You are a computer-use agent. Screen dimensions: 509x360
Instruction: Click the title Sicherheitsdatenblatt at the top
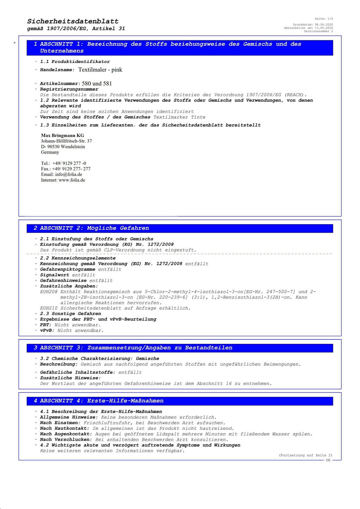(73, 21)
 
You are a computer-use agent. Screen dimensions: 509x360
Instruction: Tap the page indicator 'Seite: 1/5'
(324, 19)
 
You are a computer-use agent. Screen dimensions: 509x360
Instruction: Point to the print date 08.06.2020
(324, 24)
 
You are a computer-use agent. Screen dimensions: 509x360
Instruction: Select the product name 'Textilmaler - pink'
(100, 70)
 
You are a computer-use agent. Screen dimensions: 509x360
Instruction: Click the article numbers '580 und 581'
(97, 84)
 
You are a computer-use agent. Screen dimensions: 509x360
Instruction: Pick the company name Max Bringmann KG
(62, 136)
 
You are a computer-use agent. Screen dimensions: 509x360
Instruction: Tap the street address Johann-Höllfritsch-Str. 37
(66, 141)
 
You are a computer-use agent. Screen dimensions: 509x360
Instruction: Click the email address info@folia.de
(68, 174)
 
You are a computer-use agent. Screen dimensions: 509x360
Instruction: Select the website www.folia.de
(72, 180)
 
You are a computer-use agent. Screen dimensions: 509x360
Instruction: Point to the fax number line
(66, 169)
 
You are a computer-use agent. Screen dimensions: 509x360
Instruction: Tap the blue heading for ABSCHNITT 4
(102, 401)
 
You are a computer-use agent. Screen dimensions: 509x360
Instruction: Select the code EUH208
(49, 292)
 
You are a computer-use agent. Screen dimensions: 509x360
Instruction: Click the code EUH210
(49, 308)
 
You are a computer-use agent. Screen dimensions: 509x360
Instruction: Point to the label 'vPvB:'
(47, 331)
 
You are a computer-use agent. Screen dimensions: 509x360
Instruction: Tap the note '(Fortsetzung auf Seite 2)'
(306, 455)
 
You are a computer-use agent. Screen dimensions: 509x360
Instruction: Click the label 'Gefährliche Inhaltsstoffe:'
(78, 372)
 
